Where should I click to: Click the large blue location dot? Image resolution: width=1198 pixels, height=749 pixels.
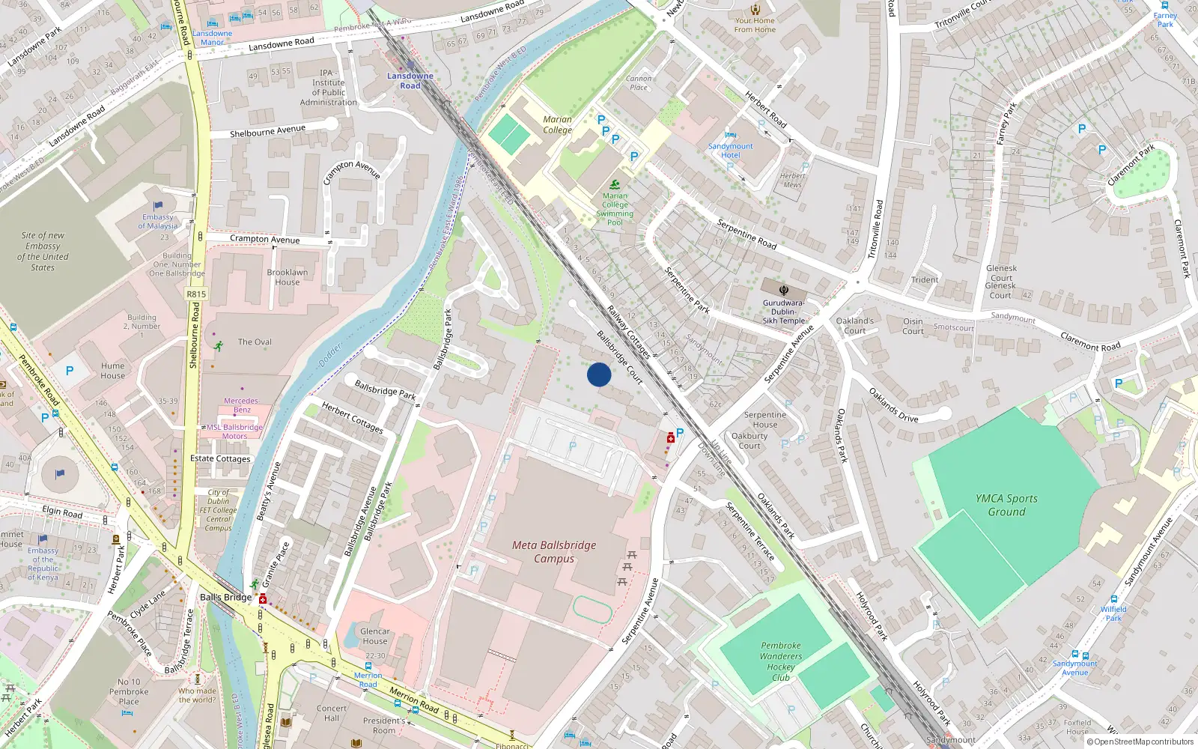click(x=599, y=374)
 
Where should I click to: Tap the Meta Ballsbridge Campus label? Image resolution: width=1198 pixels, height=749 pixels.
click(x=554, y=552)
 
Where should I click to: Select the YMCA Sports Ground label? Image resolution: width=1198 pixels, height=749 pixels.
click(x=1006, y=506)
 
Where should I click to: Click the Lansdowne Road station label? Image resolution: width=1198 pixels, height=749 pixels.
click(x=410, y=81)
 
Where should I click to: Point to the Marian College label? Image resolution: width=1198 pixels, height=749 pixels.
click(x=557, y=124)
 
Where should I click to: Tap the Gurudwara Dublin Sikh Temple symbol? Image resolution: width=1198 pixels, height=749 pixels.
click(x=783, y=291)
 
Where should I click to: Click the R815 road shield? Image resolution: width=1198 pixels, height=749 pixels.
click(x=196, y=294)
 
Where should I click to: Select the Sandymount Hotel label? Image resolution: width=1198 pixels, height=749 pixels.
click(x=730, y=151)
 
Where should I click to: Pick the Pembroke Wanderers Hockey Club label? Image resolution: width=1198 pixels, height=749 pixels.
click(x=781, y=661)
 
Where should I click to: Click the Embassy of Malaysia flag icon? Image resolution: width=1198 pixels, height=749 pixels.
click(x=158, y=206)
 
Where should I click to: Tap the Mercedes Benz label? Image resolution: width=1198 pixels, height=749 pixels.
click(x=241, y=405)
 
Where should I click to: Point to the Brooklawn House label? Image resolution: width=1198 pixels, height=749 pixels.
click(x=287, y=277)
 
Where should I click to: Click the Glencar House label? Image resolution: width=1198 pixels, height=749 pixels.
click(x=374, y=636)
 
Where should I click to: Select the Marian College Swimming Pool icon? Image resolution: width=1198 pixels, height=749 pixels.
click(x=615, y=185)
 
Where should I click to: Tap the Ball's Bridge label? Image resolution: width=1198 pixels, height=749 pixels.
click(x=225, y=597)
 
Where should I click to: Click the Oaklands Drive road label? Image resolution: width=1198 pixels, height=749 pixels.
click(x=893, y=404)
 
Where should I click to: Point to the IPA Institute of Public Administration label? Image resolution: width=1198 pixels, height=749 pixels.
click(x=328, y=88)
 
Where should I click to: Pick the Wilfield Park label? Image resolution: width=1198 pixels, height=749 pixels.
click(x=1113, y=613)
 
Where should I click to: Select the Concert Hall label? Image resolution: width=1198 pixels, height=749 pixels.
click(x=332, y=713)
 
